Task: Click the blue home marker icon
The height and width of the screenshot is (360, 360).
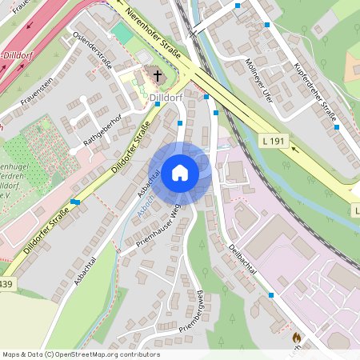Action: [180, 172]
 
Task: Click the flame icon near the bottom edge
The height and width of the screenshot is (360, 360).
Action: [297, 338]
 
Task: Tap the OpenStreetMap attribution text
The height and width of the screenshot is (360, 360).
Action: [80, 354]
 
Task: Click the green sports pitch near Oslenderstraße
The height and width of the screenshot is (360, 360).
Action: [122, 34]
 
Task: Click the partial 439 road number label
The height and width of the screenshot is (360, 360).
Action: [6, 284]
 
